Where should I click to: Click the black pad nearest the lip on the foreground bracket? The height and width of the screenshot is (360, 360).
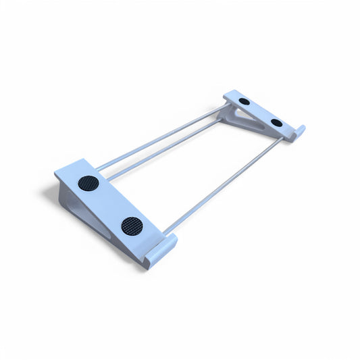click(132, 226)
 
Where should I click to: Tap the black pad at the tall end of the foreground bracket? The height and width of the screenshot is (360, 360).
click(88, 183)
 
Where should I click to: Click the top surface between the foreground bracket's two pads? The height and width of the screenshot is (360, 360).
click(110, 204)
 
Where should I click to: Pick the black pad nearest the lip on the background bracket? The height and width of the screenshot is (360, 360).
click(276, 122)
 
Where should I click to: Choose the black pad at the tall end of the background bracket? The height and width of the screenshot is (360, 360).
click(245, 101)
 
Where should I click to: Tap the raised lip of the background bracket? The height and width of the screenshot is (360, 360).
click(297, 132)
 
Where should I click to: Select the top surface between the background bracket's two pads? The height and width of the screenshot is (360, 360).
click(261, 111)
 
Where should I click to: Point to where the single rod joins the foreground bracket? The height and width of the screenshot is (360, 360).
click(165, 232)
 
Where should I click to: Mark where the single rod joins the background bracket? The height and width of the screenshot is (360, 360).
click(280, 140)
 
